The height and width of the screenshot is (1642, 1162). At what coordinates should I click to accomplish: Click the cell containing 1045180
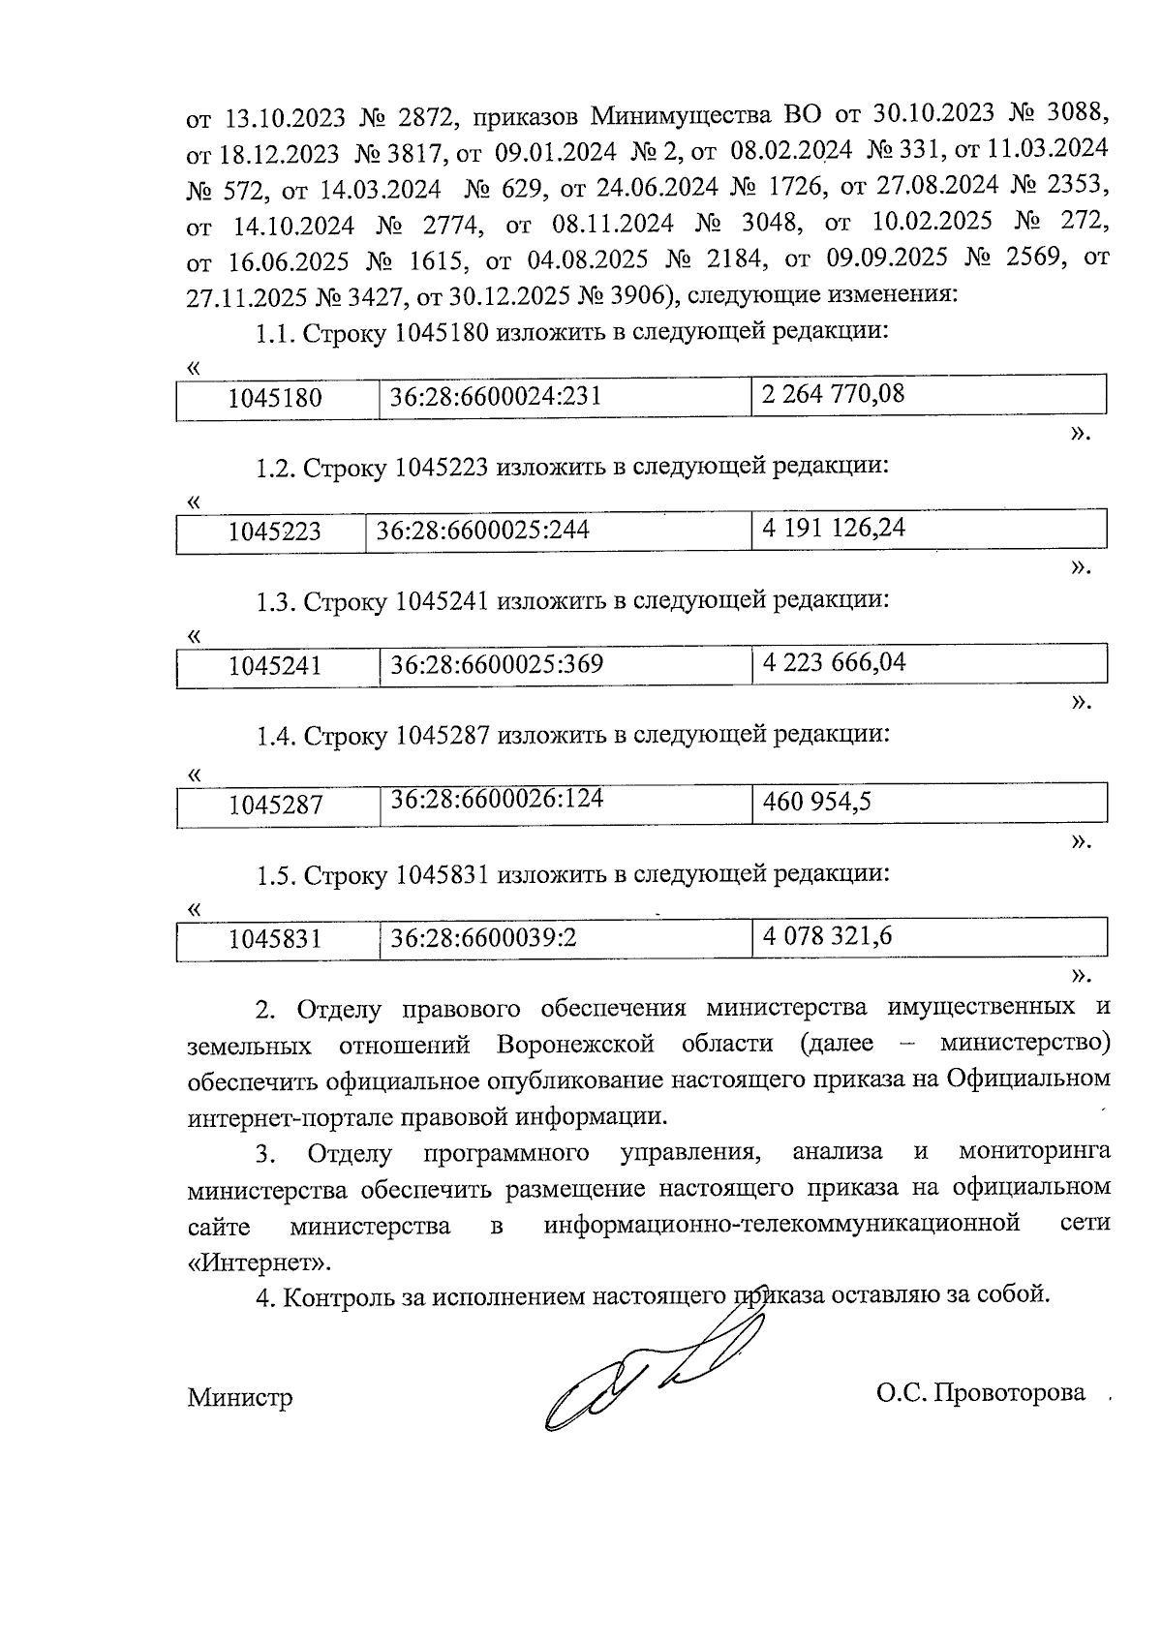(275, 398)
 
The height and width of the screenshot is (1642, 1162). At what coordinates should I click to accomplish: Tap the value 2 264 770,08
(834, 394)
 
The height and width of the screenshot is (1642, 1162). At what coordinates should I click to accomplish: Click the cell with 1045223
(275, 532)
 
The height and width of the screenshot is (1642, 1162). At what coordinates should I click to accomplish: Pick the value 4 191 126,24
(834, 529)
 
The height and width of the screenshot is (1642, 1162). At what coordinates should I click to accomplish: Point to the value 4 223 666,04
(834, 663)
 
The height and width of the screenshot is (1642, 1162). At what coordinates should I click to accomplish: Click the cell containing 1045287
(275, 805)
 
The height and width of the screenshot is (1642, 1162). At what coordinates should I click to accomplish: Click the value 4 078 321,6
(827, 936)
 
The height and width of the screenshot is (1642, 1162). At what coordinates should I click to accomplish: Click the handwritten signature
(644, 1375)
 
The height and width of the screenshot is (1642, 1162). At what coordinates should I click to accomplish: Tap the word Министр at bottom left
(240, 1398)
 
